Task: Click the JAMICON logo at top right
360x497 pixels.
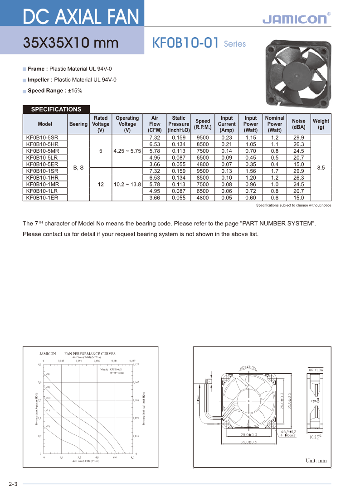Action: (294, 19)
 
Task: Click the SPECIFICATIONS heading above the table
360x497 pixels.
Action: (56, 109)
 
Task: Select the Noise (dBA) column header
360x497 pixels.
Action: (298, 124)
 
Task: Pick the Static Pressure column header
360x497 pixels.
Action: (178, 124)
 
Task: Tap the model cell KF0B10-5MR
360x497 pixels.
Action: (43, 151)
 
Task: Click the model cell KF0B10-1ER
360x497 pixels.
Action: (42, 198)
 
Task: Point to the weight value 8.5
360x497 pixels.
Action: (321, 168)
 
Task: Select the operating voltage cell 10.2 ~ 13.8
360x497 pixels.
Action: (127, 185)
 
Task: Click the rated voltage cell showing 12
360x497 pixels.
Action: (101, 185)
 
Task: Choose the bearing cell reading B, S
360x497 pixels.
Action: (78, 168)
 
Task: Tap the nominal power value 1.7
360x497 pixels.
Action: (275, 171)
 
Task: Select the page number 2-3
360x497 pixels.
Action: (13, 484)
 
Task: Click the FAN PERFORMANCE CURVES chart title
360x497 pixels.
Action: (90, 354)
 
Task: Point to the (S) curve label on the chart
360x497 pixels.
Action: (48, 374)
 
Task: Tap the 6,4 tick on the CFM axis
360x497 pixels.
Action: (115, 458)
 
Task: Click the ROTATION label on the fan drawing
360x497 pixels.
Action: (248, 367)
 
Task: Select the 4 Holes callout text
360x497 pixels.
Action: (288, 435)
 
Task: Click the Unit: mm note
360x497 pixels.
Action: (316, 461)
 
